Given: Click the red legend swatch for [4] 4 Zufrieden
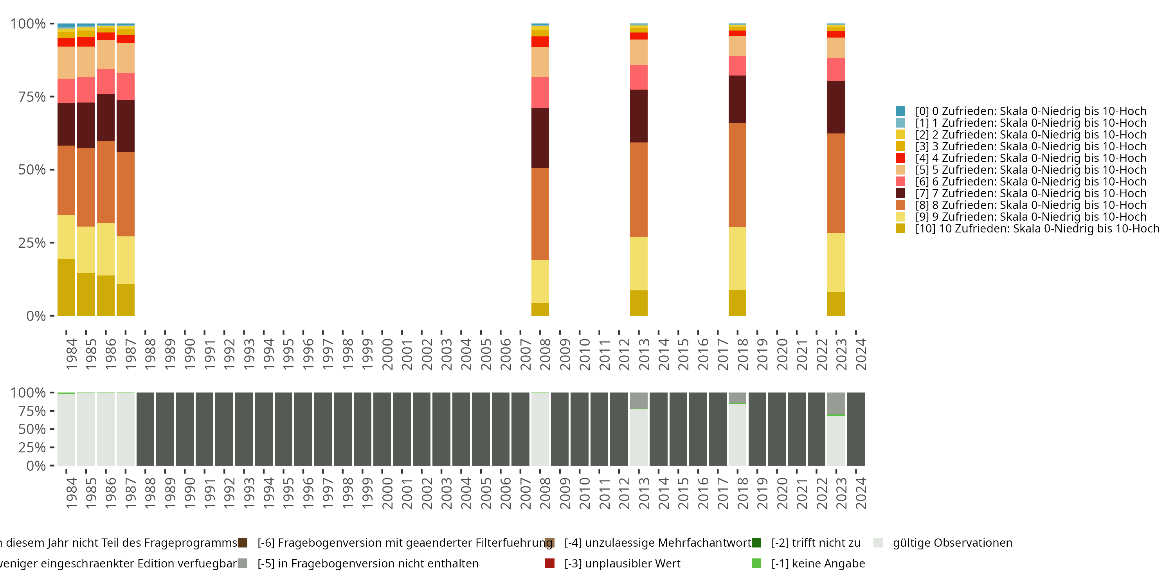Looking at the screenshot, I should click(900, 158).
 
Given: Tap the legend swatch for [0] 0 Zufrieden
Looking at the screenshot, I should click(900, 111).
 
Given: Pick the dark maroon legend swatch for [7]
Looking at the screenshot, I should click(900, 193).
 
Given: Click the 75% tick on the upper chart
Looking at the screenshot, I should click(32, 97).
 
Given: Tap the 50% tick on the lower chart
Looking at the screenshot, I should click(32, 429).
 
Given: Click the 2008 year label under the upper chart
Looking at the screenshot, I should click(545, 355).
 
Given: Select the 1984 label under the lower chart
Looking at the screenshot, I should click(71, 493).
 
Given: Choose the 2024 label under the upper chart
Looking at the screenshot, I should click(861, 355).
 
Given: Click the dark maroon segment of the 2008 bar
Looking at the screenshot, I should click(540, 138).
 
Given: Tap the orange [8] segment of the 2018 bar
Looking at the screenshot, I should click(737, 175).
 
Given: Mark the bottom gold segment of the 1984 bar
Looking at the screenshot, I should click(67, 287).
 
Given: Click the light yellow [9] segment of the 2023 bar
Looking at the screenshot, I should click(836, 263).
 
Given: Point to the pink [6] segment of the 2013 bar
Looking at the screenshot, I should click(639, 77).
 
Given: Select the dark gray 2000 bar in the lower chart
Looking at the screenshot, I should click(382, 429).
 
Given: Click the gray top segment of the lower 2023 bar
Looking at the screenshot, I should click(836, 404).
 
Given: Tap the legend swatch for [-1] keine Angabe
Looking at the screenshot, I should click(756, 563).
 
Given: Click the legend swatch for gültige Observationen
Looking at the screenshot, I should click(878, 543).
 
